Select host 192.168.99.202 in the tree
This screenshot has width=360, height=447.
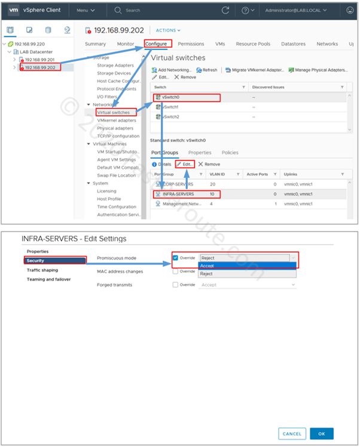click(41, 67)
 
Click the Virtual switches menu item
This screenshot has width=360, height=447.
click(113, 112)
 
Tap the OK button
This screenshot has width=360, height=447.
click(322, 433)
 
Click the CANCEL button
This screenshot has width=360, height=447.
click(292, 433)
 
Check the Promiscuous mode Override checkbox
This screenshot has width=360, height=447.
click(175, 258)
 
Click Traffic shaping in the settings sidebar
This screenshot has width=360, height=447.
click(42, 270)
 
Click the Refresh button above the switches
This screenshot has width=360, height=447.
click(207, 70)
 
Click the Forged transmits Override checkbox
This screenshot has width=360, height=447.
click(175, 285)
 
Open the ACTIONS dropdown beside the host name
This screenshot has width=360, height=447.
click(168, 30)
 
